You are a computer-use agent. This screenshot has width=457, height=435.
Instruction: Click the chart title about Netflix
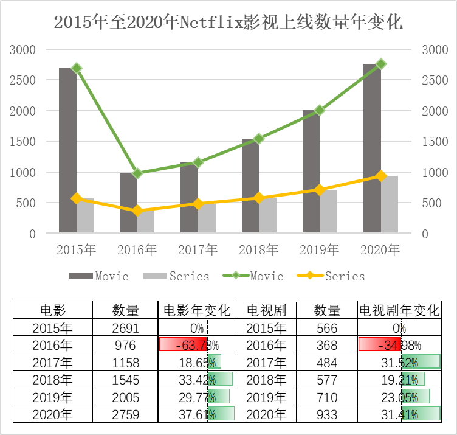[228, 23]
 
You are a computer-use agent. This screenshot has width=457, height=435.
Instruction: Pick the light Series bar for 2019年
[329, 211]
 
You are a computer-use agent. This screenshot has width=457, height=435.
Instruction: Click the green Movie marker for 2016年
[137, 173]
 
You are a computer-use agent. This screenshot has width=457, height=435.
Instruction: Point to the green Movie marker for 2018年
[259, 139]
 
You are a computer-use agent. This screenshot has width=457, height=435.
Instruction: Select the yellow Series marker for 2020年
[381, 176]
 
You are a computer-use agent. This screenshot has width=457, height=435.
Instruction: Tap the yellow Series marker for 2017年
[198, 204]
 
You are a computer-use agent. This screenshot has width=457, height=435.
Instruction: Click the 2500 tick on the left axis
[24, 80]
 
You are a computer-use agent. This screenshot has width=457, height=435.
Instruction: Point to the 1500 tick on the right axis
[433, 141]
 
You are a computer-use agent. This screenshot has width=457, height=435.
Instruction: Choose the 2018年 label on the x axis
[259, 249]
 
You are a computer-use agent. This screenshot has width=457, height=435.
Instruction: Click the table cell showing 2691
[125, 328]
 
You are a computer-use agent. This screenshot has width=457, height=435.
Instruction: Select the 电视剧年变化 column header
[399, 310]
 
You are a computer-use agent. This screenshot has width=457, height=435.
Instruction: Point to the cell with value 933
[327, 415]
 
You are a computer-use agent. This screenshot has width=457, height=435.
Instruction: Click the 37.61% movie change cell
[196, 415]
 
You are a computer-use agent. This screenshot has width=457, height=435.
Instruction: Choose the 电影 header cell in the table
[52, 310]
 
